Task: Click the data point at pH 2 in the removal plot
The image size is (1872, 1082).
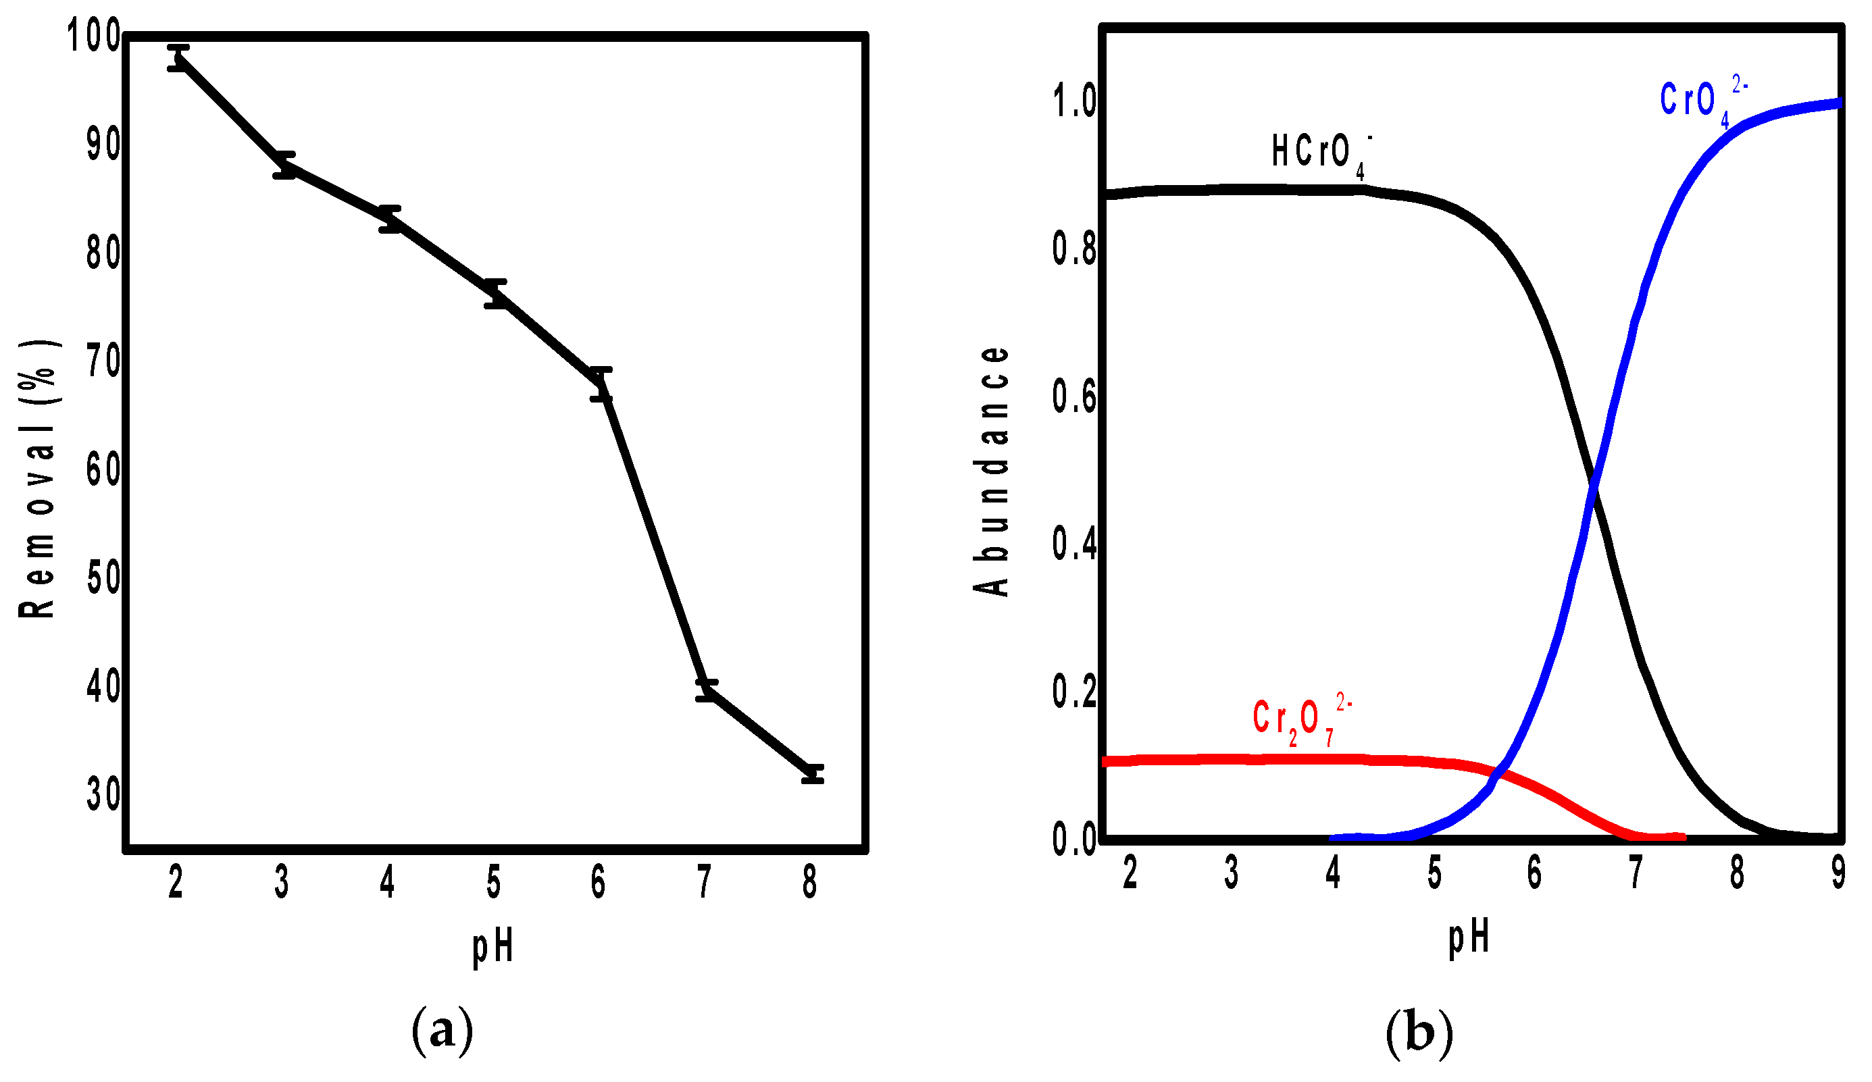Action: [178, 58]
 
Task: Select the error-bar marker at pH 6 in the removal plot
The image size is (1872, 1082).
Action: [601, 384]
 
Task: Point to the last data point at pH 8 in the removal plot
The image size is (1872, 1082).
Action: [813, 774]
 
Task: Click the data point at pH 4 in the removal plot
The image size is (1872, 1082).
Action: [389, 219]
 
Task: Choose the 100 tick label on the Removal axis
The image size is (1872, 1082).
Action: [94, 36]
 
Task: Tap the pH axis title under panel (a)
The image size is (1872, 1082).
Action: [493, 948]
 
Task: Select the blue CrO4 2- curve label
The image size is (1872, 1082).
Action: [1701, 103]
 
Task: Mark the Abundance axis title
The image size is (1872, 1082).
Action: [992, 471]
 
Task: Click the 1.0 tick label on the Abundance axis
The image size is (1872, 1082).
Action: [1074, 101]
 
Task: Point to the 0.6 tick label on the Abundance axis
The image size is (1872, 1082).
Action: [1074, 396]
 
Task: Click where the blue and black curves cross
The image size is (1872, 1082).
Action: [1591, 486]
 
